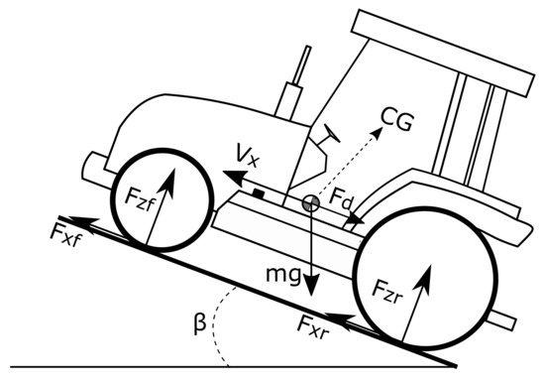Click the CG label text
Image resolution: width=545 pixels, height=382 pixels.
tap(398, 122)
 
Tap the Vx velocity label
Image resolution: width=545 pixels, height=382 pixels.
tap(246, 155)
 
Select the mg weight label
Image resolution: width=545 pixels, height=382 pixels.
tap(283, 272)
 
